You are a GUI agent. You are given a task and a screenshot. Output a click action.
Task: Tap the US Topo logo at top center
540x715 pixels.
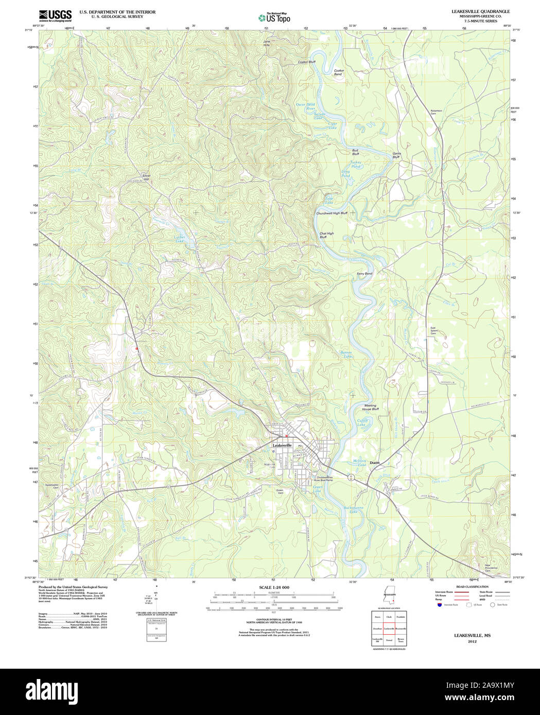[x=274, y=17]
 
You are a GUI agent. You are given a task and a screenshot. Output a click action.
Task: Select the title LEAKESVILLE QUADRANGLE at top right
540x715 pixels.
[x=481, y=11]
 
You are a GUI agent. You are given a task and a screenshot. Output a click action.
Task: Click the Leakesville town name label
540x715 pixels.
[x=282, y=445]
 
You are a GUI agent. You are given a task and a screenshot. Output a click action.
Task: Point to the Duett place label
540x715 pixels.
[x=375, y=463]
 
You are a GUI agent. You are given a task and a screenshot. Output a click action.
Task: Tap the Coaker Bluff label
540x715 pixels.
[x=307, y=62]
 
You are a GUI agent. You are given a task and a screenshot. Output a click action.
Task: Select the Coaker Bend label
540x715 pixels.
[x=338, y=73]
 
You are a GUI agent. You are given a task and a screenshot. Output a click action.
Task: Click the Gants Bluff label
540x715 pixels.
[x=396, y=155]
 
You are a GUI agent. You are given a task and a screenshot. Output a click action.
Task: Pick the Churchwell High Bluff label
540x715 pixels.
[x=332, y=213]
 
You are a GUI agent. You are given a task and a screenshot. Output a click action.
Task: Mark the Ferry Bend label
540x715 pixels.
[x=364, y=274]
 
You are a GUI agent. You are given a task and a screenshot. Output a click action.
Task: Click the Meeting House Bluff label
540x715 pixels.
[x=370, y=407]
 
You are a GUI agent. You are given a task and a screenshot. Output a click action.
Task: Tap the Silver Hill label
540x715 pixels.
[x=146, y=177]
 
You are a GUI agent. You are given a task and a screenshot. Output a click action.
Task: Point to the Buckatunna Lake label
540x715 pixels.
[x=351, y=510]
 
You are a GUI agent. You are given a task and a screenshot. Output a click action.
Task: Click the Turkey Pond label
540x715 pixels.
[x=356, y=164]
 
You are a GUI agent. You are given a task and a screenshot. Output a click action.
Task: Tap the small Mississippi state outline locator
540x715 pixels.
[x=389, y=596]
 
